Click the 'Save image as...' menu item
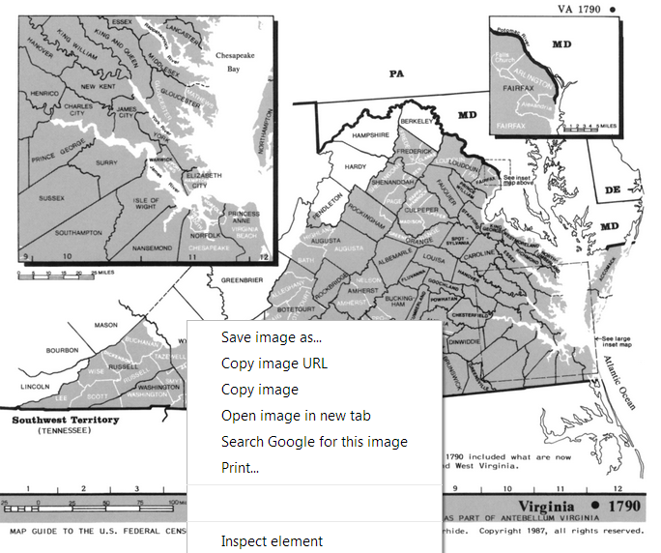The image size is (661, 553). point(271,337)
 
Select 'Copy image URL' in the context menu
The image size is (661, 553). point(273,364)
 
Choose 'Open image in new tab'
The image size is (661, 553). point(295,416)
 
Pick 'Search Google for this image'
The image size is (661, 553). point(313,442)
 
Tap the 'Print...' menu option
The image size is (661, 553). point(240,468)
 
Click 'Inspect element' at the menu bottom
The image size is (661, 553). point(272,541)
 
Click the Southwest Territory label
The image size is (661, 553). point(65,420)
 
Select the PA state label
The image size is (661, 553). point(394,73)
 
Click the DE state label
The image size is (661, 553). point(612,190)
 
